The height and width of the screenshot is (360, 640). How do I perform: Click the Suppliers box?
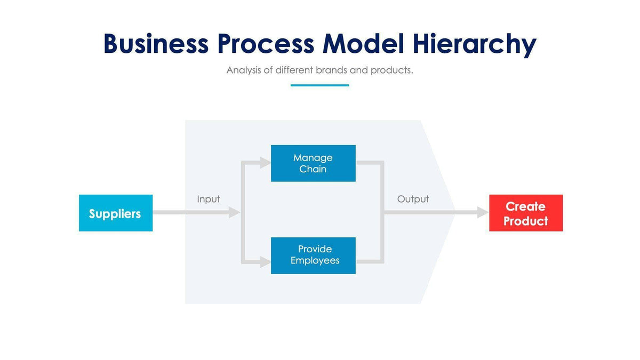coord(115,213)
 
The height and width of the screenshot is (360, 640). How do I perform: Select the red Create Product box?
coord(526,213)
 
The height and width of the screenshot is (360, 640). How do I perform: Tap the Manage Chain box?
coord(313,163)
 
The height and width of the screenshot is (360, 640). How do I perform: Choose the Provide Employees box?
coord(313,255)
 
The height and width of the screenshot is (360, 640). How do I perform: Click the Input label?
coord(208,199)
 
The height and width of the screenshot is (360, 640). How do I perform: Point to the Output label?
coord(413,199)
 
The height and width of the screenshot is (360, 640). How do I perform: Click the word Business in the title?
coord(156,44)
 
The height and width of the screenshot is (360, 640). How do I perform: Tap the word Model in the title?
coord(363,44)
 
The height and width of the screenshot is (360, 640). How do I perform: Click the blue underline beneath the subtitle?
coord(319,85)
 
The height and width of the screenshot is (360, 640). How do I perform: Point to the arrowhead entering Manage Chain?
coord(265,163)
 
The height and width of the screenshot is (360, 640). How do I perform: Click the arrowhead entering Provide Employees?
coord(265,261)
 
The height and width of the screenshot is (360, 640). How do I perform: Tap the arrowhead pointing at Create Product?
coord(483,212)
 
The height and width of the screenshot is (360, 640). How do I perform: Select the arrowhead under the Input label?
coord(234,212)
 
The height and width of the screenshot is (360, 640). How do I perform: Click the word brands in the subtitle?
coord(332,70)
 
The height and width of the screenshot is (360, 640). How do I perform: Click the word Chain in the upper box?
coord(313,169)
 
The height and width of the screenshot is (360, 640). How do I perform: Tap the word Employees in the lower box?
coord(315,261)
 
